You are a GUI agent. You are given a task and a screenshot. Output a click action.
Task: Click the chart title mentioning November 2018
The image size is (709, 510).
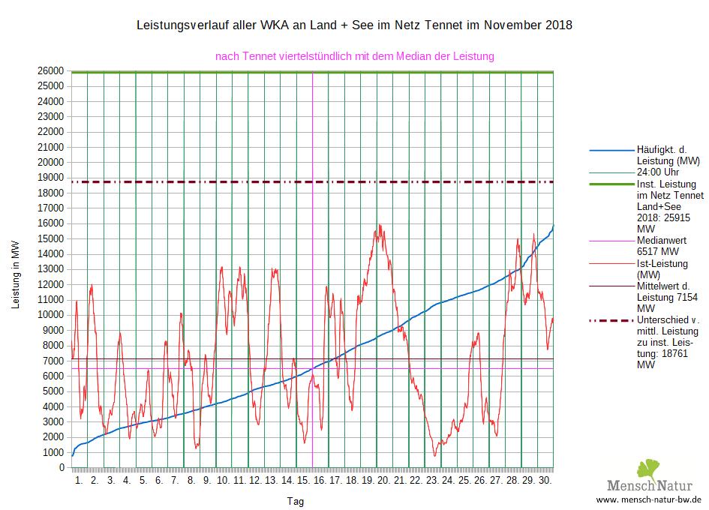[354, 25]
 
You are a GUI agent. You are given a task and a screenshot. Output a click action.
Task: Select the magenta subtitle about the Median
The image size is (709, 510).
[354, 56]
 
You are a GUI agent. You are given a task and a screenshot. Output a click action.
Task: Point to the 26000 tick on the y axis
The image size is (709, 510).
[53, 70]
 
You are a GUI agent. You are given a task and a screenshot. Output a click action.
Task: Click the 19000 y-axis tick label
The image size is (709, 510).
[53, 178]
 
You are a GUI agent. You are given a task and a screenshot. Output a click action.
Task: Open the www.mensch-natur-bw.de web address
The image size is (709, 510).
[648, 499]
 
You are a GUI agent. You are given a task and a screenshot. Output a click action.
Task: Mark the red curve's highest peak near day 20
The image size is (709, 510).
[380, 224]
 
